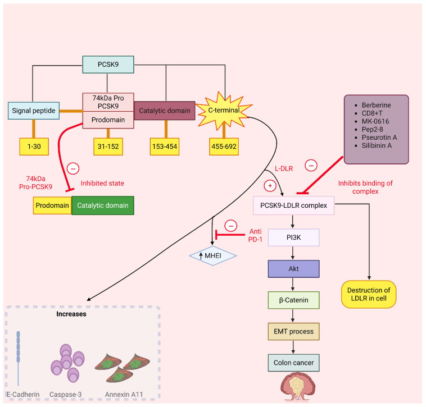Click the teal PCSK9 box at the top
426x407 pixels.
point(108,65)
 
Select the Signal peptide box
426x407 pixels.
point(34,111)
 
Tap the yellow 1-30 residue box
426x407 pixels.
point(34,147)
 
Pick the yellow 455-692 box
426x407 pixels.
point(224,147)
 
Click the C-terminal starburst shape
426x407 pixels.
point(224,111)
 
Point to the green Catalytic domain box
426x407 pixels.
point(103,205)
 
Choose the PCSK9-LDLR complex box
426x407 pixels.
point(293,205)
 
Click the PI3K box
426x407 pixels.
point(293,237)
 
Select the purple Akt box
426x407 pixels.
point(293,268)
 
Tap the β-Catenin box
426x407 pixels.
point(293,300)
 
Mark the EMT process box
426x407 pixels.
point(293,331)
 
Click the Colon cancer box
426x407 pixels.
point(293,363)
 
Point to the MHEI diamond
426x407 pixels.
point(213,255)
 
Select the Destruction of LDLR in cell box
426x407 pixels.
point(369,294)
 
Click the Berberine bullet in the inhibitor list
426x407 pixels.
point(377,106)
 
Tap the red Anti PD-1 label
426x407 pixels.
point(255,235)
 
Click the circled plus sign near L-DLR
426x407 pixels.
point(270,186)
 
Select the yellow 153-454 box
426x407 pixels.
point(165,147)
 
